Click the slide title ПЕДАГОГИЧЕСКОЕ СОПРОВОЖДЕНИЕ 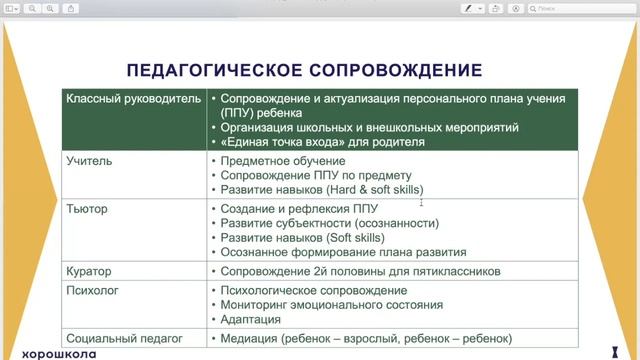coord(304,70)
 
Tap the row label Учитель coord(89,160)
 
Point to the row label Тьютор coord(87,209)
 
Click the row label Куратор coord(89,271)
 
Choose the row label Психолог coord(93,290)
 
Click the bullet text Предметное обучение coord(283,161)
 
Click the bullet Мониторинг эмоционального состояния coord(331,305)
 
